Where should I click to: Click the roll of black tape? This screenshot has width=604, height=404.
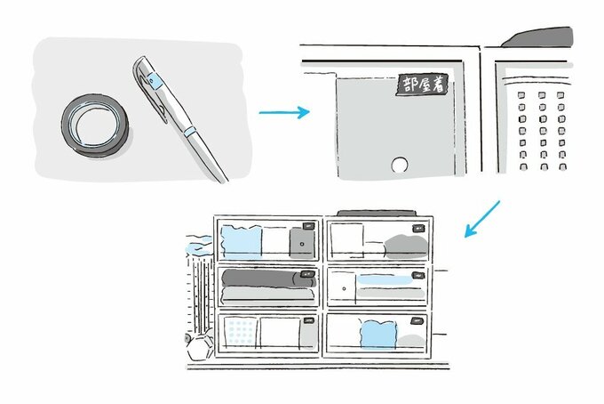click(x=94, y=125)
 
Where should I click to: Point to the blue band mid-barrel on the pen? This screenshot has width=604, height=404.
click(x=189, y=131)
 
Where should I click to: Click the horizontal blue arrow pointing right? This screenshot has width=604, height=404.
click(x=284, y=112)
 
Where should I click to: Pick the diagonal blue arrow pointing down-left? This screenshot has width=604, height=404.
click(x=482, y=218)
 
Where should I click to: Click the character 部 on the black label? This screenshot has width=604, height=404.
click(x=409, y=85)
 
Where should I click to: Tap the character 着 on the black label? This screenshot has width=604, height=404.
click(x=439, y=85)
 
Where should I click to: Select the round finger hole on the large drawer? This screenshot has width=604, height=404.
click(x=399, y=165)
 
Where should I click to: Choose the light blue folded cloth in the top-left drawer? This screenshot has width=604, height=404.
click(x=241, y=242)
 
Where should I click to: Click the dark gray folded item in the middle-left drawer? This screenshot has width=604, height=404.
click(x=268, y=279)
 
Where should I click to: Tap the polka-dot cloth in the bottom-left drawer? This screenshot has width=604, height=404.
click(x=241, y=331)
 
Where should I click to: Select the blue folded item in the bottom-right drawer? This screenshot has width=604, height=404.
click(x=378, y=335)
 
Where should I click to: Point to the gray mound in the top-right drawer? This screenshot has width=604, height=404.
click(x=406, y=246)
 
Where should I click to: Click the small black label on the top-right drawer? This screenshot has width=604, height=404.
click(x=418, y=229)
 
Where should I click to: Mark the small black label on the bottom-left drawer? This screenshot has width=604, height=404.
click(x=309, y=320)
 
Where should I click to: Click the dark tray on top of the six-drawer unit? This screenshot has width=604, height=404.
click(x=377, y=213)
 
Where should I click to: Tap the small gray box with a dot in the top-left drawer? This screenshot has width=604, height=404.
click(x=302, y=243)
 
